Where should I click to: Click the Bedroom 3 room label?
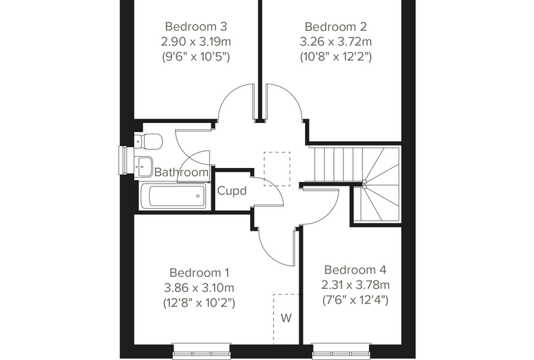(x=196, y=26)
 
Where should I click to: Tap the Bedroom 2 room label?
(x=336, y=26)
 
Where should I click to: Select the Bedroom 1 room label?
(x=200, y=273)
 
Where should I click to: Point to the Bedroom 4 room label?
(x=356, y=270)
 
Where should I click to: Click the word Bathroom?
(x=181, y=172)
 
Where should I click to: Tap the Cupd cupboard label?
(x=232, y=191)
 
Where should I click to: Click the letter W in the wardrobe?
(x=286, y=318)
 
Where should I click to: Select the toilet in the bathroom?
(x=148, y=141)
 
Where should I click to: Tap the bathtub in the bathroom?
(x=173, y=196)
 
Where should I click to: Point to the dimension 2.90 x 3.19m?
(x=196, y=41)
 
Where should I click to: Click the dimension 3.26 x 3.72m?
(x=336, y=41)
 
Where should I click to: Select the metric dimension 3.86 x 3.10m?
(x=200, y=288)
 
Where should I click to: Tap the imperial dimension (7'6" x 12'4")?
(x=356, y=300)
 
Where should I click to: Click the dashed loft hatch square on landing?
(x=277, y=169)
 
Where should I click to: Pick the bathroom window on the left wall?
(x=124, y=160)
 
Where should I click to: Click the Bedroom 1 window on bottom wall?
(x=202, y=350)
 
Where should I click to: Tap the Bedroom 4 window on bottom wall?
(x=341, y=350)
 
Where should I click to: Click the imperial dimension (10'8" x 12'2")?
(x=336, y=56)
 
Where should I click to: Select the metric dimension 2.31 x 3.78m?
(x=356, y=285)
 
